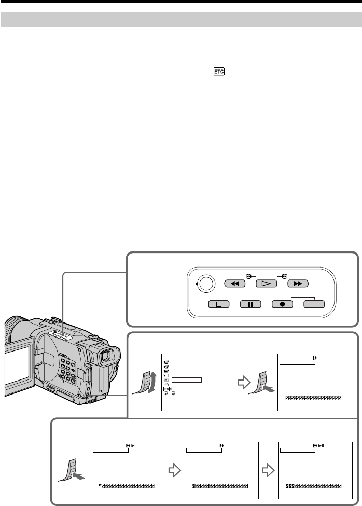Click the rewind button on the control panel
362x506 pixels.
234,284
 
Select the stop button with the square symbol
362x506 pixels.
218,303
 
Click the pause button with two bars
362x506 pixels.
250,303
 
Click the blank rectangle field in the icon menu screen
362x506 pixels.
187,379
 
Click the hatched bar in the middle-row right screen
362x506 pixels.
313,398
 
